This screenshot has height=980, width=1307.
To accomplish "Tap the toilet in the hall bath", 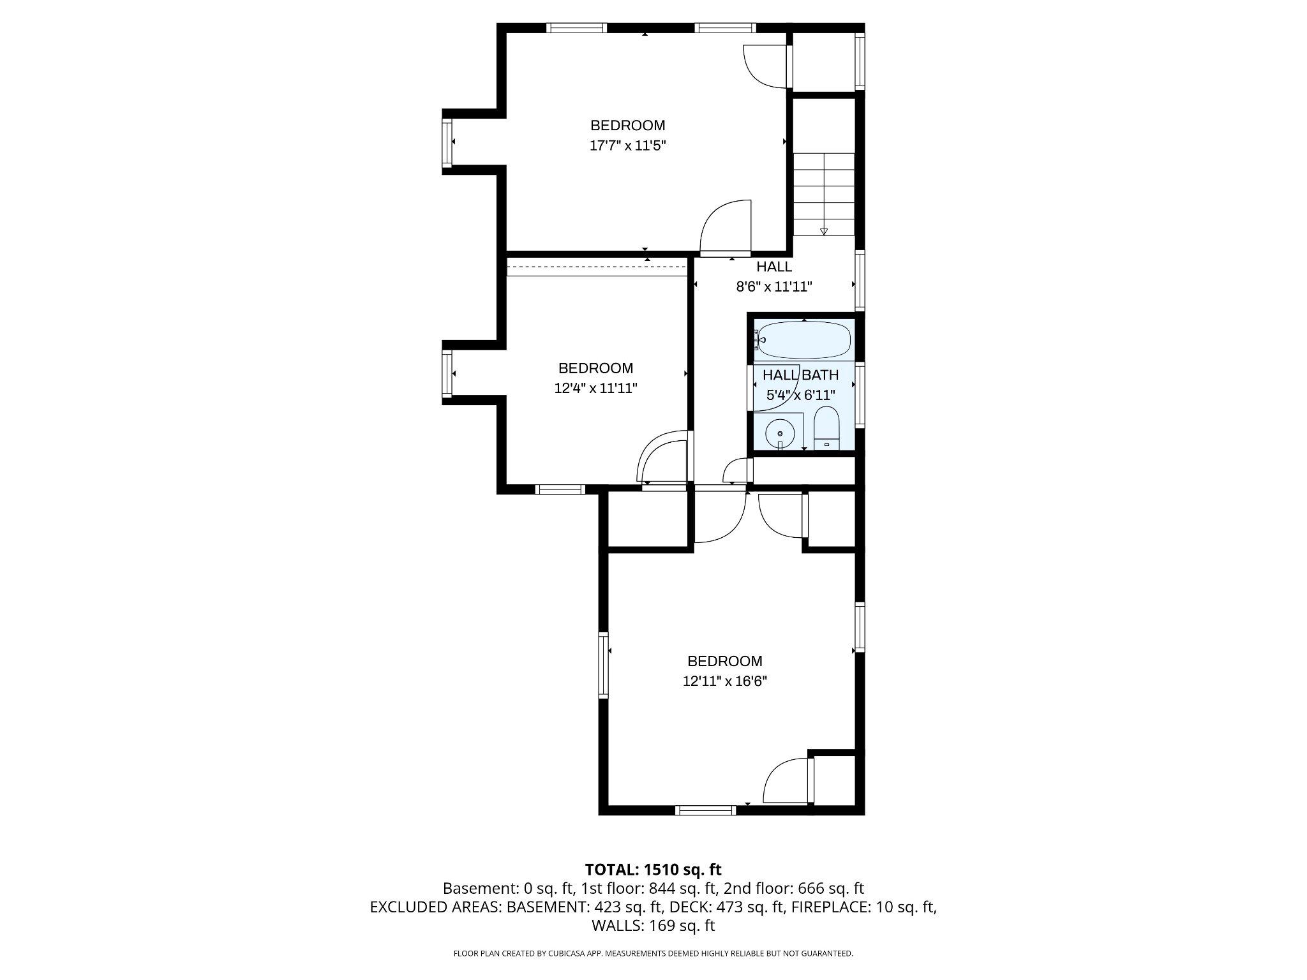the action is [x=826, y=428].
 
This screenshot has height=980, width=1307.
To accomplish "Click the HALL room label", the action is [x=774, y=267].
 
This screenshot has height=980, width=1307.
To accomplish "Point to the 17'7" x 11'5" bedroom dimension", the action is [x=627, y=145].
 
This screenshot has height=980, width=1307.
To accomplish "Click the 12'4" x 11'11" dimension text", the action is [x=595, y=388].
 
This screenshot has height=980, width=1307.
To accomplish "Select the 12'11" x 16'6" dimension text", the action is [x=724, y=681].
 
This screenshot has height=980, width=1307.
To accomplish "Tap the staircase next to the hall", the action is [x=823, y=194].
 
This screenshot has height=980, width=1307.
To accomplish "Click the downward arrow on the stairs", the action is [x=823, y=231].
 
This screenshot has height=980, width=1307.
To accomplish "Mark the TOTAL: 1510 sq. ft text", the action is [x=653, y=870].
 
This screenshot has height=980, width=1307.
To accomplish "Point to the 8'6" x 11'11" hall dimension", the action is [x=773, y=287].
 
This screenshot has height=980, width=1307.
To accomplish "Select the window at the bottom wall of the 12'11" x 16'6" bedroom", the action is [x=705, y=810].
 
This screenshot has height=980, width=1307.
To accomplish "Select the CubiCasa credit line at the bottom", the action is [x=653, y=954].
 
